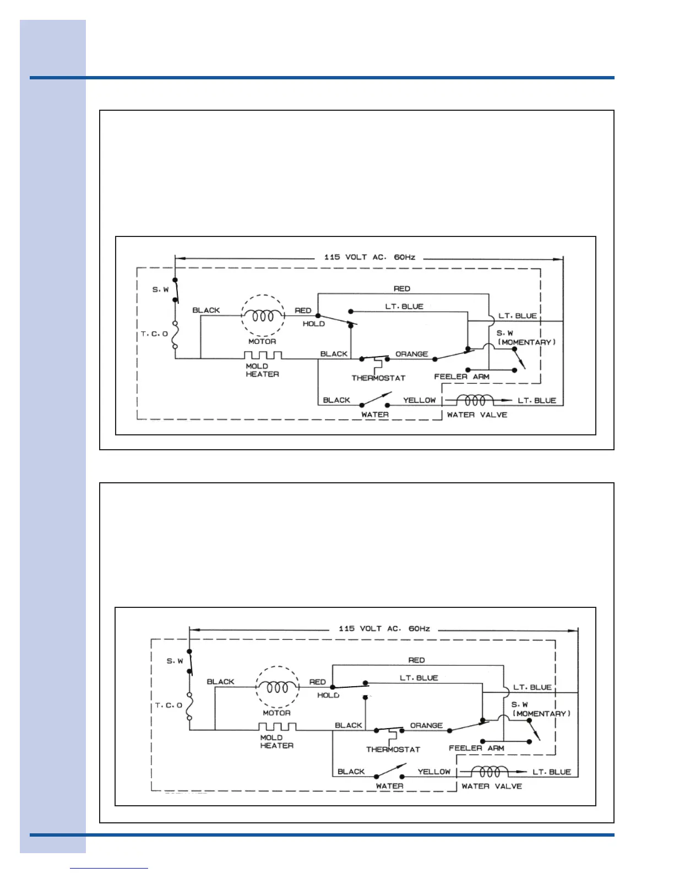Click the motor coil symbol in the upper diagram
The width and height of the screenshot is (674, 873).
coord(263,316)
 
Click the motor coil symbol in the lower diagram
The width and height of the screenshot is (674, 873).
coord(278,687)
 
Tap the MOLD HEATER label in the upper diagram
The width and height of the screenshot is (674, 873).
coord(262,370)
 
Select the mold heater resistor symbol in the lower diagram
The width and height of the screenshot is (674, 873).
coord(278,726)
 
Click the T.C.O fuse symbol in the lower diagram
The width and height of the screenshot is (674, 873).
coord(189,706)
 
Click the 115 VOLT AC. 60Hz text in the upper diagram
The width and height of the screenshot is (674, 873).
coord(369,257)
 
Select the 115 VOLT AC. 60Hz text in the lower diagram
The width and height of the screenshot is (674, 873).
coord(384,629)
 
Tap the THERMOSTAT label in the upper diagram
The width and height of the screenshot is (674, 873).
coord(378,378)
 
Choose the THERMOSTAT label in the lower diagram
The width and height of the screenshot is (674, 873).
coord(393,750)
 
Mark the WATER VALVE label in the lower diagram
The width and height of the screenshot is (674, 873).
coord(491,786)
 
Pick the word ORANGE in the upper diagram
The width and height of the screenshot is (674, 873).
coord(411,354)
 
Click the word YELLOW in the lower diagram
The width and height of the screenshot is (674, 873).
coord(433,772)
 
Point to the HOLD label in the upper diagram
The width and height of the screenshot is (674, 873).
coord(313,324)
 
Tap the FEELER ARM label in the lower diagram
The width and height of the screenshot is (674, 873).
coord(476,748)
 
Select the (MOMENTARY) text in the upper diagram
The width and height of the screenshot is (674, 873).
coord(526,342)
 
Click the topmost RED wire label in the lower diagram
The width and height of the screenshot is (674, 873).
coord(416,660)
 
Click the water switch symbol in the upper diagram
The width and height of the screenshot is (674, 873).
coord(375,400)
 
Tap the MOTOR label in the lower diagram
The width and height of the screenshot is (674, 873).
coord(276,713)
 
